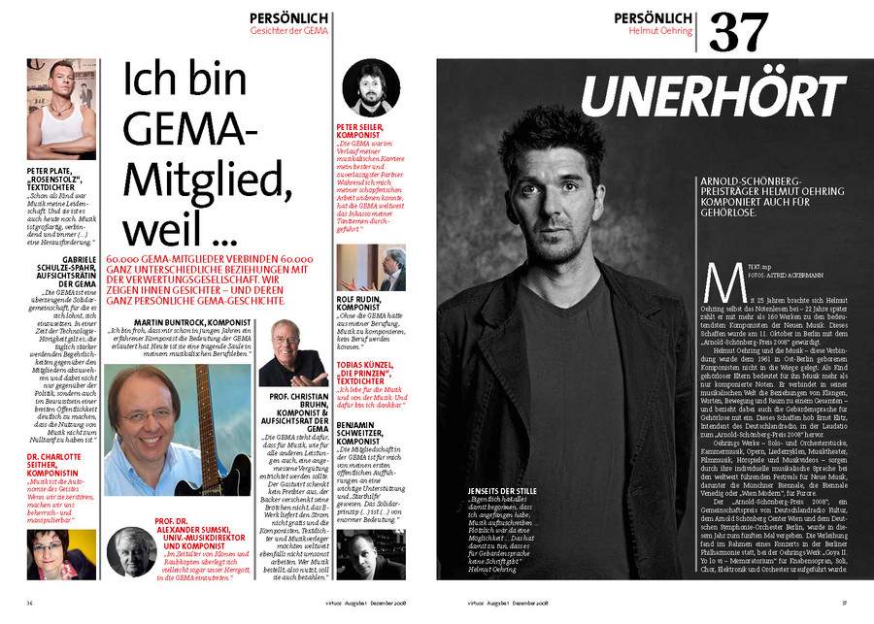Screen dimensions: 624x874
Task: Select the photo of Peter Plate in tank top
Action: (x=62, y=110)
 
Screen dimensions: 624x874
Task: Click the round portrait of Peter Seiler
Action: (x=372, y=86)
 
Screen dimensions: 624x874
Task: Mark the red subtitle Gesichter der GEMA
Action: (x=289, y=30)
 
